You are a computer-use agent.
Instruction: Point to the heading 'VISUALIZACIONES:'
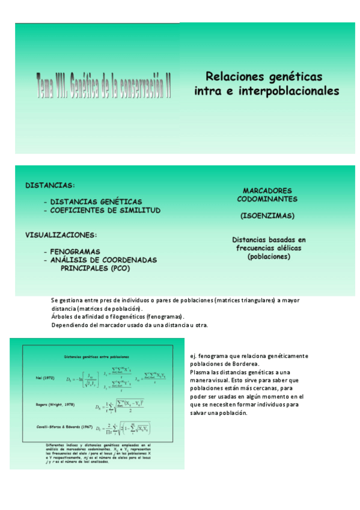[x=61, y=235]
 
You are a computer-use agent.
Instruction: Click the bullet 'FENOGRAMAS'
[x=75, y=251]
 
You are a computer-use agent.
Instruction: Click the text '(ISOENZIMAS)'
[x=267, y=215]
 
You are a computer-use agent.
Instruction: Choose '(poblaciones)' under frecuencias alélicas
[x=269, y=257]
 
